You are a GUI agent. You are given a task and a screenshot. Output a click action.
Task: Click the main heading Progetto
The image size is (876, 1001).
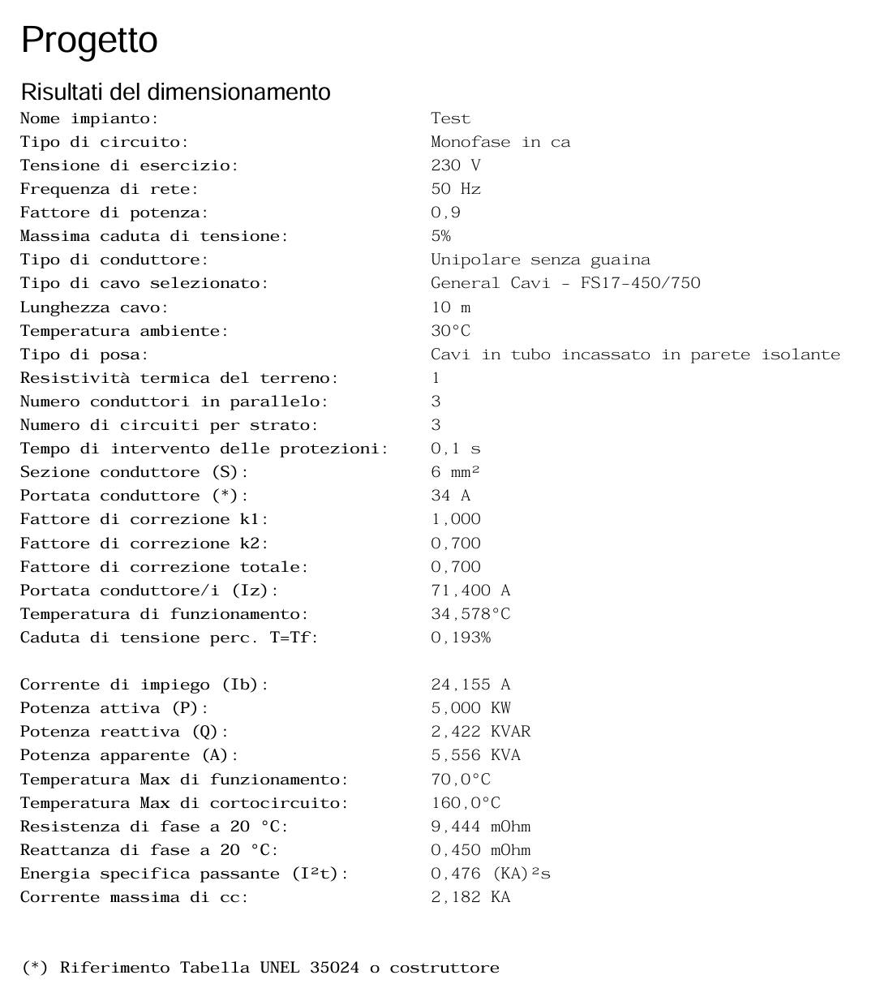click(89, 40)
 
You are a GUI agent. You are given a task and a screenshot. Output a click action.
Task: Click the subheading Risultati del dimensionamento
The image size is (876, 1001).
click(175, 92)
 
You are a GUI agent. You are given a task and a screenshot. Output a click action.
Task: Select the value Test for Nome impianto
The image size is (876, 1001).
click(450, 118)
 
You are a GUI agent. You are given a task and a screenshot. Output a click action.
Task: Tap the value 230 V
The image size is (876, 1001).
click(455, 165)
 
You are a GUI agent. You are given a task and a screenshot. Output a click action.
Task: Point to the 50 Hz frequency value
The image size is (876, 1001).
click(455, 189)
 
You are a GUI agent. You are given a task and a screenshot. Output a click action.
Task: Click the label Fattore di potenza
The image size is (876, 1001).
click(114, 213)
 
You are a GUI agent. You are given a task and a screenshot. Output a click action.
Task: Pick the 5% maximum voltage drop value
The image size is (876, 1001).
click(440, 236)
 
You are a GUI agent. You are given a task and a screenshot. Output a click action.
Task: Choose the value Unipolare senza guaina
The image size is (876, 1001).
click(540, 260)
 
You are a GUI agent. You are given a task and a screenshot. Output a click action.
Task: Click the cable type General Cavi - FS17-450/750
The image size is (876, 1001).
click(565, 283)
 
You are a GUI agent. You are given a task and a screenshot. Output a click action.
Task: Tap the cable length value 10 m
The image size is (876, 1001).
click(450, 307)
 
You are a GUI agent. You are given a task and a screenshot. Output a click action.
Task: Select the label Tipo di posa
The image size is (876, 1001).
click(84, 354)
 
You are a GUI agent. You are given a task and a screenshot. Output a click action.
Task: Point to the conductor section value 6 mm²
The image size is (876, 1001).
click(455, 472)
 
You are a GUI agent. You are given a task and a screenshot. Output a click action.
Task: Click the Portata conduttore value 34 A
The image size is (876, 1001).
click(450, 496)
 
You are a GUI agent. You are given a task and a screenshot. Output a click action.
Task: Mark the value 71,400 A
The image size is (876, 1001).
click(470, 591)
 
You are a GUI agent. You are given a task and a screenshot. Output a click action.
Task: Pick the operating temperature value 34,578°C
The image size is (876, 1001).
click(470, 614)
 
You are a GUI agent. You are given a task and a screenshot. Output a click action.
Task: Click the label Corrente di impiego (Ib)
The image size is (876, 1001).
click(144, 685)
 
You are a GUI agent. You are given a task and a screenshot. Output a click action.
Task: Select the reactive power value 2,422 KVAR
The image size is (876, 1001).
click(480, 732)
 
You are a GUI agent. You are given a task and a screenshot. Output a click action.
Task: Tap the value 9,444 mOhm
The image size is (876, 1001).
click(480, 827)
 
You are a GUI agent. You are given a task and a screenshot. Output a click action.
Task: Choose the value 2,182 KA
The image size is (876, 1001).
click(470, 897)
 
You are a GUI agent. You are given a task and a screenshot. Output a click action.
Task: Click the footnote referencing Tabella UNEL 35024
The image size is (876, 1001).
click(260, 968)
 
